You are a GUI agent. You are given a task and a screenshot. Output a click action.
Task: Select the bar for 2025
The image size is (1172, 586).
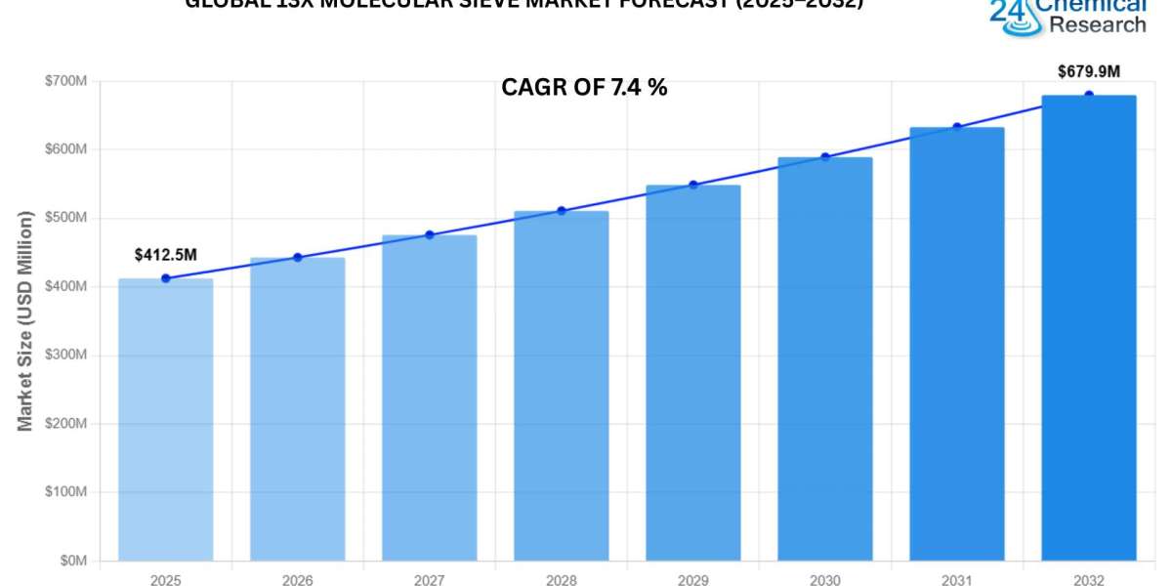point(165,420)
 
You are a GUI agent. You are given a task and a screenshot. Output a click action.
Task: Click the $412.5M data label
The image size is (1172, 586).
point(165,255)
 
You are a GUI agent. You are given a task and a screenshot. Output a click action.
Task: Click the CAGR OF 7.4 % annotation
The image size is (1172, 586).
point(584,87)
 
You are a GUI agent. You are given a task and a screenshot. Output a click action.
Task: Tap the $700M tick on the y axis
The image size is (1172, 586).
point(66,81)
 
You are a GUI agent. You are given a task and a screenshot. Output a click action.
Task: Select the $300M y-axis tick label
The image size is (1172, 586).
point(66,356)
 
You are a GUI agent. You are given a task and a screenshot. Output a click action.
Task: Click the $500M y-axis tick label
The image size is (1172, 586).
point(66,219)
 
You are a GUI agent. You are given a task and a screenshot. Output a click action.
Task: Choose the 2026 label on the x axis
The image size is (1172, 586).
point(297,580)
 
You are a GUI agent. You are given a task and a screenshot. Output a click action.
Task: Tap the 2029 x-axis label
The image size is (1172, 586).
point(692,580)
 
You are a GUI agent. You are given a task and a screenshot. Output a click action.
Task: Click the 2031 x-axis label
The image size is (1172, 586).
point(956,580)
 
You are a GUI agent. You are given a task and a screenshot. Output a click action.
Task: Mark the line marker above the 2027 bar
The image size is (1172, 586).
point(429,234)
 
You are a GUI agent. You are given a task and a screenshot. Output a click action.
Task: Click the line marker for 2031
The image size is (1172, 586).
point(957,127)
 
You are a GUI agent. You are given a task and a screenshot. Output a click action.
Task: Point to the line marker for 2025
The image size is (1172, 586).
point(165,278)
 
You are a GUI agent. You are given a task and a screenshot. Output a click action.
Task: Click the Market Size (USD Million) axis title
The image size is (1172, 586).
point(25,320)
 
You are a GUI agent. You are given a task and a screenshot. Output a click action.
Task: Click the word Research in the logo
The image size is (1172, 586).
point(1099,24)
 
